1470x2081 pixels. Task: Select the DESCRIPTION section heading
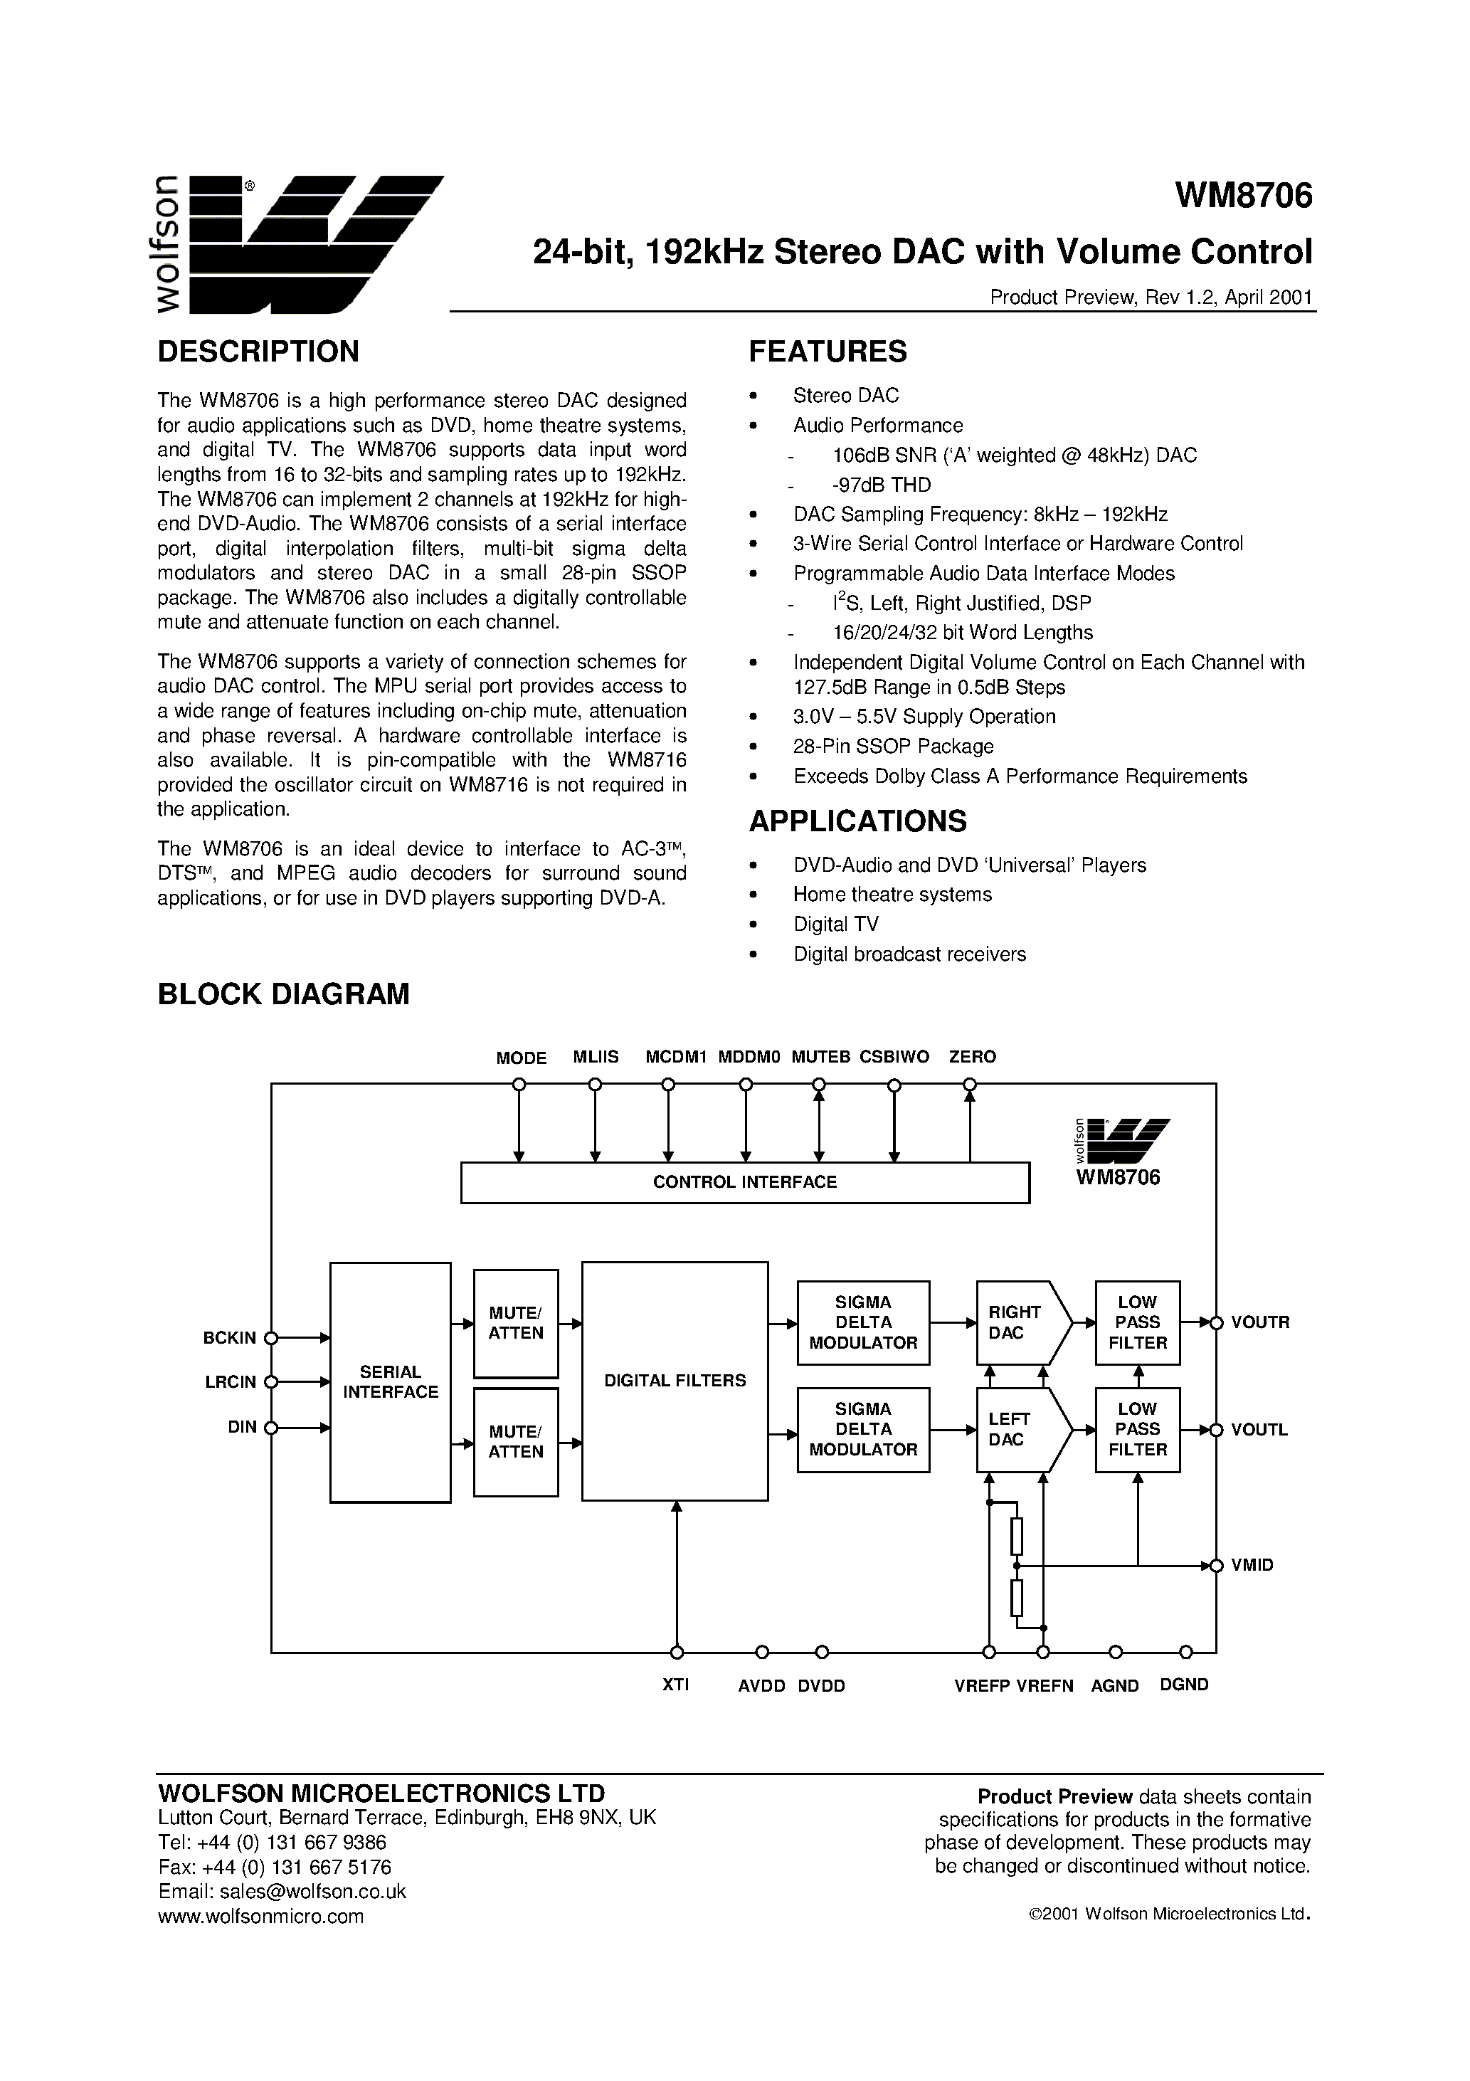[258, 352]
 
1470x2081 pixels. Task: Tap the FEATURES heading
[827, 352]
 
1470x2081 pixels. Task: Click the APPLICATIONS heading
[857, 821]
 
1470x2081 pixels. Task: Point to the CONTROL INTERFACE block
[745, 1182]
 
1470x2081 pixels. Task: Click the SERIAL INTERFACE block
[391, 1381]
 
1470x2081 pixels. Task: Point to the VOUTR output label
[1259, 1322]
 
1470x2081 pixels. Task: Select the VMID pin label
[1252, 1565]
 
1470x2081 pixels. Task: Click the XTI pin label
[676, 1685]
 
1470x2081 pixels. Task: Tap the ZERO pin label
[973, 1057]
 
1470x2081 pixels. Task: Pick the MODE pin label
[521, 1058]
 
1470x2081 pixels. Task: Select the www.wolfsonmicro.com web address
[261, 1916]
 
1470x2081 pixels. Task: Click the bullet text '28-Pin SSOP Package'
[894, 746]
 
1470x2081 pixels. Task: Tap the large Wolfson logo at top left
[299, 243]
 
